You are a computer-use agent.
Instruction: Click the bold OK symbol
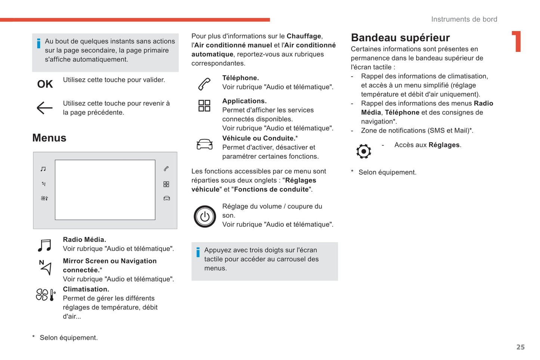click(x=45, y=84)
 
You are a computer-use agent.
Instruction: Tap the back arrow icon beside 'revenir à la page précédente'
click(x=45, y=108)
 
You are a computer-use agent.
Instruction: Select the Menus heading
click(x=49, y=138)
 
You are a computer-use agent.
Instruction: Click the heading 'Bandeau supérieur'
click(x=400, y=38)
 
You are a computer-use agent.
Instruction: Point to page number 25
click(x=520, y=347)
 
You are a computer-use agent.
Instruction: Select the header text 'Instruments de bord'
click(x=464, y=19)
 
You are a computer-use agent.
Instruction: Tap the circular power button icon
click(x=205, y=216)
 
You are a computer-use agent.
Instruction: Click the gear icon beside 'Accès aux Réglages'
click(x=364, y=151)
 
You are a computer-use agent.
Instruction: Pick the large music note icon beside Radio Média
click(x=45, y=245)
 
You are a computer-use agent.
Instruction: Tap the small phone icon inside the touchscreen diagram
click(x=166, y=169)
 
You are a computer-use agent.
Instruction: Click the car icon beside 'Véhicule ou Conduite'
click(x=204, y=144)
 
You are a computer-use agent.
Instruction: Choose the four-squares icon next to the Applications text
click(x=204, y=106)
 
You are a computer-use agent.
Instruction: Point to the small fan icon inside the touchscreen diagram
click(x=44, y=198)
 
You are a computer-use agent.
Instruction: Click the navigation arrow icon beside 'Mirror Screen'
click(x=45, y=267)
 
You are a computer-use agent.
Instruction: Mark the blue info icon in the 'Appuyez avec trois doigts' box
click(x=198, y=252)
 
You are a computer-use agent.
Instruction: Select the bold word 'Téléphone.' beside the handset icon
click(x=240, y=78)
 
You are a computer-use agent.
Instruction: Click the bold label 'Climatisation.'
click(x=86, y=289)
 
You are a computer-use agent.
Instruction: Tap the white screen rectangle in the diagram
click(x=105, y=190)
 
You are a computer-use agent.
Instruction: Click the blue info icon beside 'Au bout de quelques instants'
click(x=38, y=43)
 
